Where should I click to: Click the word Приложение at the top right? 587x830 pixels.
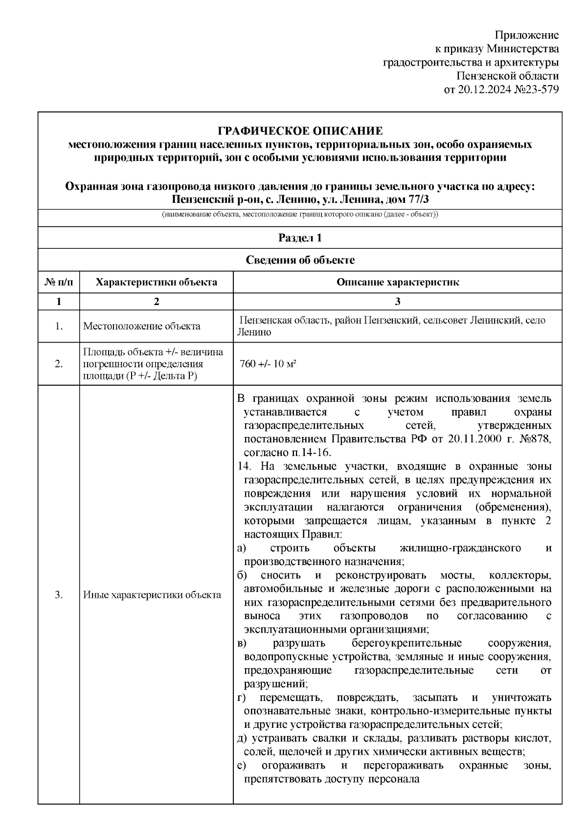click(526, 35)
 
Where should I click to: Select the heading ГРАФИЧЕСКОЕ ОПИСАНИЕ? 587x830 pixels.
click(300, 131)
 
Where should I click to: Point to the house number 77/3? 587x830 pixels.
click(416, 200)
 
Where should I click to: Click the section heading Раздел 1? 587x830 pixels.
click(300, 238)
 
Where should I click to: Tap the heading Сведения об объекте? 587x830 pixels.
click(300, 260)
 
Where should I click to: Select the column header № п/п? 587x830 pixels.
click(59, 283)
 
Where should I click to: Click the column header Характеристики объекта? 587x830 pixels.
click(156, 283)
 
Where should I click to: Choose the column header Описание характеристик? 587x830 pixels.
click(397, 283)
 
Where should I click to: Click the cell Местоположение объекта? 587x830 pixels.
click(142, 326)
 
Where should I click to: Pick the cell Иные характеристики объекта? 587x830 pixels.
click(152, 595)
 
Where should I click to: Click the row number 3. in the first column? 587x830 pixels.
click(59, 595)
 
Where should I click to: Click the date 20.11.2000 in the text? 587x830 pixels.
click(469, 438)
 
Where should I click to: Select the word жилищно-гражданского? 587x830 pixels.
click(460, 548)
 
